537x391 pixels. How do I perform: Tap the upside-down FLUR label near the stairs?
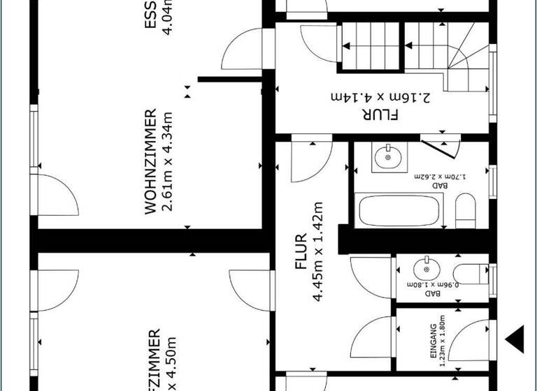pos(380,114)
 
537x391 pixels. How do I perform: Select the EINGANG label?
pos(433,341)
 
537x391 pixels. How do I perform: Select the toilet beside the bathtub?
pos(465,210)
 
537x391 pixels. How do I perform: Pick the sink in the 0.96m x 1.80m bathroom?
pos(425,268)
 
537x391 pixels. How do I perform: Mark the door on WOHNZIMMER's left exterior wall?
pos(56,195)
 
